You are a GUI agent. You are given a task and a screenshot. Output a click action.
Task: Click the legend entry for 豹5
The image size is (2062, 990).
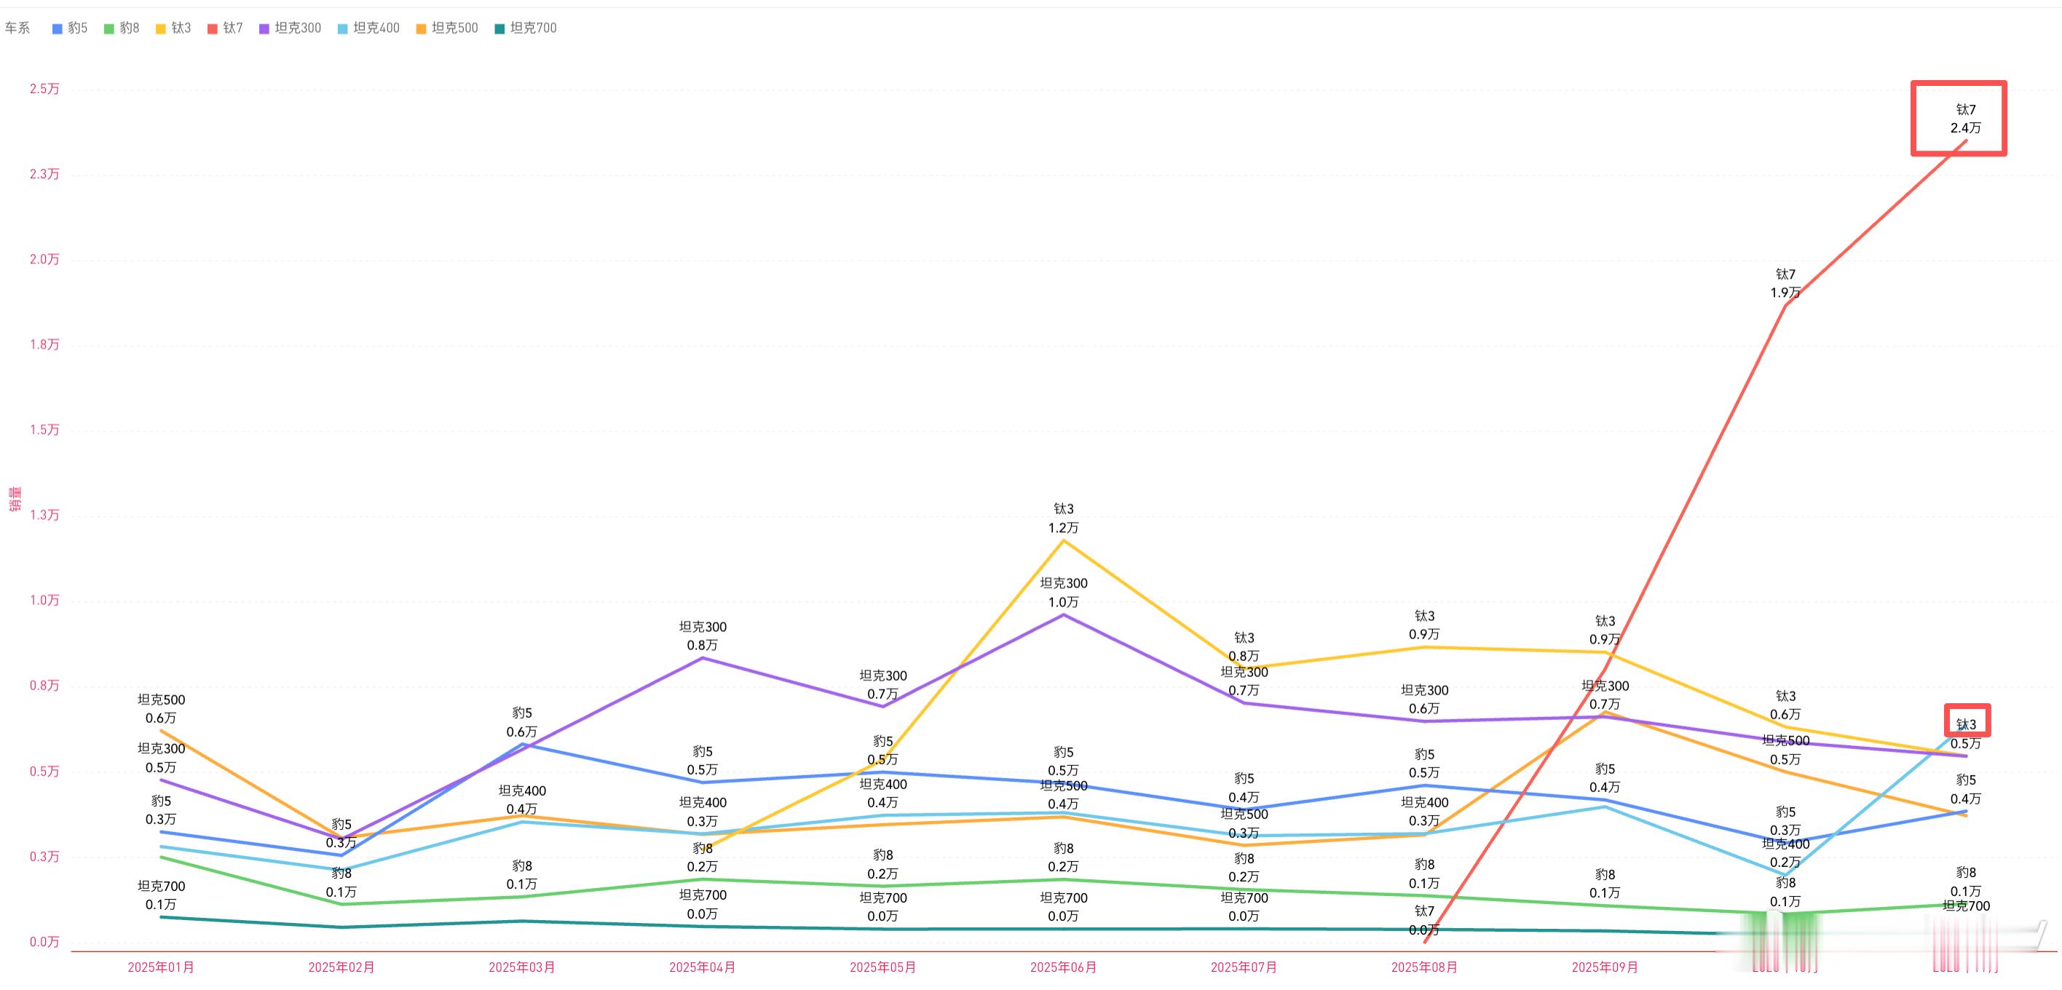(x=71, y=28)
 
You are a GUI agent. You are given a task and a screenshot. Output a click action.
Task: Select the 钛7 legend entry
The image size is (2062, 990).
(x=226, y=28)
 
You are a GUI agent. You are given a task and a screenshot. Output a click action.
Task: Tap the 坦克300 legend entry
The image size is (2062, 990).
(x=291, y=28)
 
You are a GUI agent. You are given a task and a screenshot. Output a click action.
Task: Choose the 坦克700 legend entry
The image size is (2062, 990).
(x=526, y=28)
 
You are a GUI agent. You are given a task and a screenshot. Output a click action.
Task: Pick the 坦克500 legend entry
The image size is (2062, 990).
(x=448, y=28)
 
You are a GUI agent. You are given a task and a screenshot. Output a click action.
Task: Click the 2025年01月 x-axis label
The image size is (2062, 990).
(x=161, y=967)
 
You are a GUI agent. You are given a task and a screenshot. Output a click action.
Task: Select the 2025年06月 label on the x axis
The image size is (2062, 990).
(x=1063, y=967)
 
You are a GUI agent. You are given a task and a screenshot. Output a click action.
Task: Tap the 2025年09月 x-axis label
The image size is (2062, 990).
(x=1604, y=967)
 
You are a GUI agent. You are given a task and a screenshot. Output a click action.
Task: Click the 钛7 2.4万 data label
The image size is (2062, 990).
(x=1965, y=119)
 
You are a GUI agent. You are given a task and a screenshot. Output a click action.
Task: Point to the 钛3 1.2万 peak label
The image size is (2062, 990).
(x=1063, y=518)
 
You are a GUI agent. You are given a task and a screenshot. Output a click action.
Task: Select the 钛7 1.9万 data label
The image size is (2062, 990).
(x=1785, y=283)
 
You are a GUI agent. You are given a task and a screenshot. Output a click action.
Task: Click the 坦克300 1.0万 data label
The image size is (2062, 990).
(x=1063, y=593)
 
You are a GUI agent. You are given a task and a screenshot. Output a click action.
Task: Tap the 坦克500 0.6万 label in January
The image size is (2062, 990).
(x=161, y=709)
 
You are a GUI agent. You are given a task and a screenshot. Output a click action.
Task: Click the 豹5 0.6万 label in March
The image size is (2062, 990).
(x=522, y=722)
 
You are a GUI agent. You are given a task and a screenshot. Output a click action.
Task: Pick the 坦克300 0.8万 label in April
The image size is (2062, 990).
(x=703, y=636)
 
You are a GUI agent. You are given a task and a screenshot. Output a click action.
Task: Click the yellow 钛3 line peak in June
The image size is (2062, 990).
(x=1063, y=541)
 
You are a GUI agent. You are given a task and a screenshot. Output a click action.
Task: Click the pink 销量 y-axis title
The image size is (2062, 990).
(x=15, y=499)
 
